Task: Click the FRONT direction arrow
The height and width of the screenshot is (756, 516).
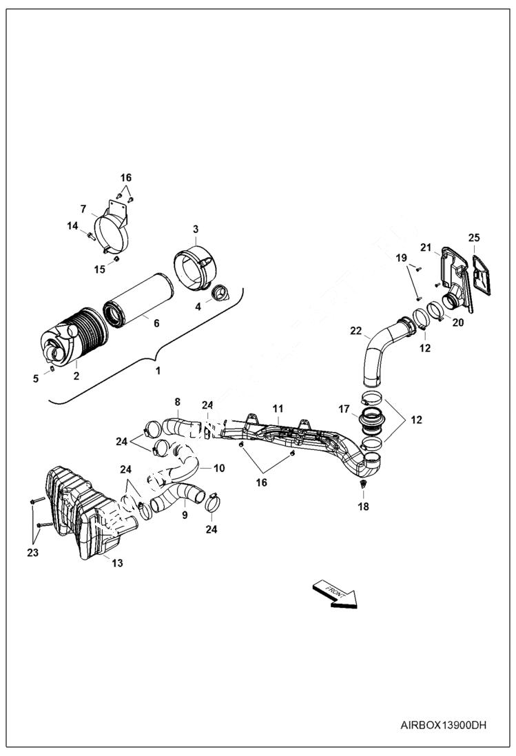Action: click(x=336, y=593)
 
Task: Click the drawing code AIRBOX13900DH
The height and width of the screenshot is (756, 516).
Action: click(x=444, y=725)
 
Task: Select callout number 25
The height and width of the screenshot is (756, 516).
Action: click(x=474, y=238)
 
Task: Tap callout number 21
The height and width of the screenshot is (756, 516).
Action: click(x=426, y=247)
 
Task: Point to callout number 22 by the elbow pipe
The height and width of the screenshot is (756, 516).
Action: click(x=355, y=331)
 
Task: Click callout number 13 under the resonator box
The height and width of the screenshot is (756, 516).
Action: click(x=117, y=563)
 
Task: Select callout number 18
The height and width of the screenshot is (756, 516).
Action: click(x=363, y=507)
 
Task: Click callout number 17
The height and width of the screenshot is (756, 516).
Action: click(x=344, y=409)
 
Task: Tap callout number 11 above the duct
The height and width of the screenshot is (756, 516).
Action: click(x=277, y=409)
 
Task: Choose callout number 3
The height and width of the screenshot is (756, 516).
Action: click(x=196, y=229)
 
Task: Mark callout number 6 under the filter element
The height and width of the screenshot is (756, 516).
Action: click(x=156, y=323)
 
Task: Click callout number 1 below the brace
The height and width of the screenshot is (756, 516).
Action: click(x=157, y=370)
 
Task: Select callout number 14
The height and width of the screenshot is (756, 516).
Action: click(x=72, y=225)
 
